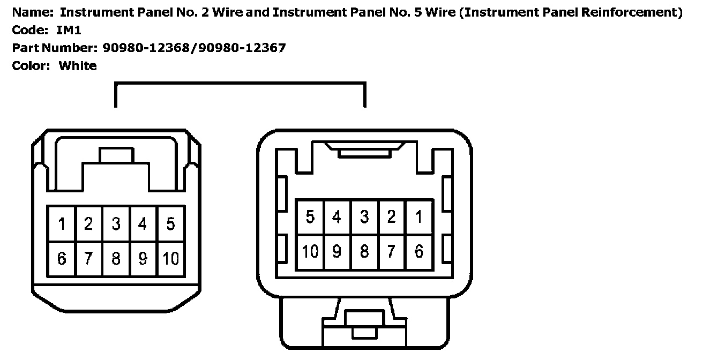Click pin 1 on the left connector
[62, 223]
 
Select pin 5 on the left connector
[170, 223]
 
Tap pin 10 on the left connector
[170, 259]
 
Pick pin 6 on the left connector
[62, 259]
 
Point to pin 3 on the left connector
[116, 223]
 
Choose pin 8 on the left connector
[116, 259]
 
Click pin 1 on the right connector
[419, 217]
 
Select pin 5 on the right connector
[310, 217]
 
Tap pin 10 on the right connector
[310, 251]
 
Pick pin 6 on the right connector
[419, 251]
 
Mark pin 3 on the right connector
[364, 217]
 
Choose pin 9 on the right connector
[337, 251]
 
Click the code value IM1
[69, 30]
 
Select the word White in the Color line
[78, 66]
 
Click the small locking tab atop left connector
[116, 155]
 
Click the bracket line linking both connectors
[240, 83]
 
